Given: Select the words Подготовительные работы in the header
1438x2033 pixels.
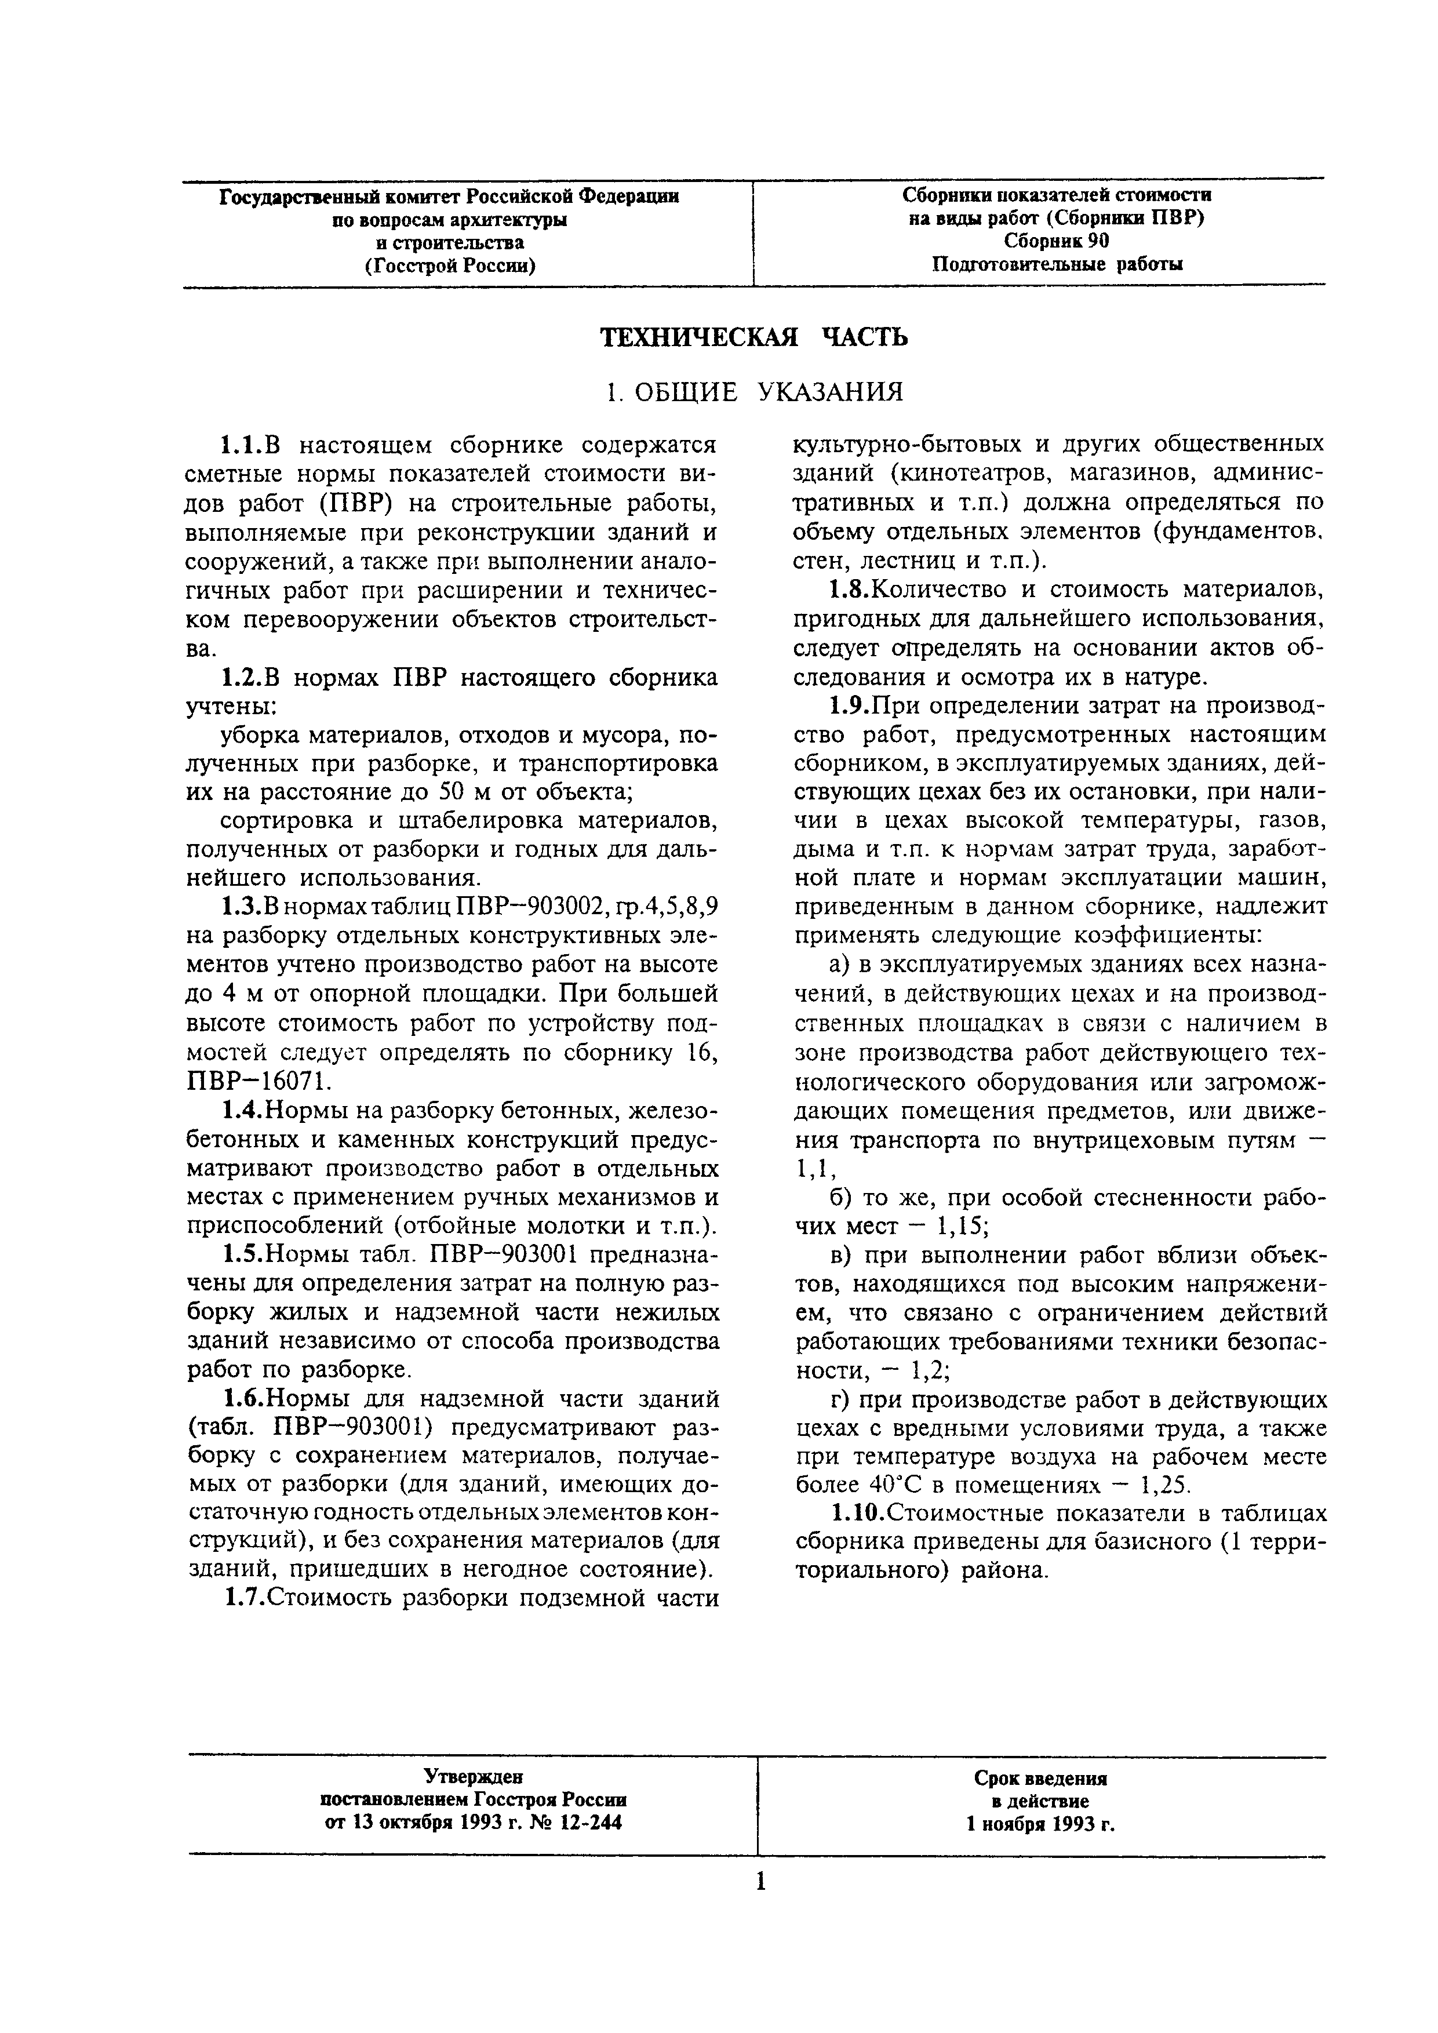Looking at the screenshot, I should tap(1057, 264).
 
